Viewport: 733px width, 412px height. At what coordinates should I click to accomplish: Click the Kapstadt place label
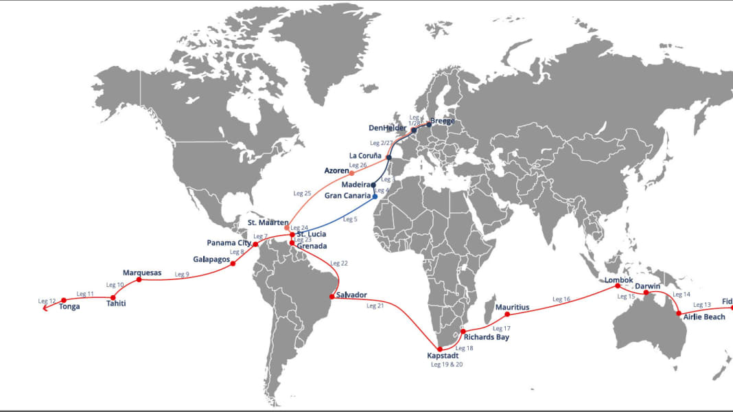[x=443, y=356]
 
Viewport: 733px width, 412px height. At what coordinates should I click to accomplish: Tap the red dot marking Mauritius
[x=507, y=314]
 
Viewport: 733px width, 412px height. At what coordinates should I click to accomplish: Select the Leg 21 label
[x=375, y=306]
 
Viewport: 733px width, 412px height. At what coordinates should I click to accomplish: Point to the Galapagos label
[x=211, y=260]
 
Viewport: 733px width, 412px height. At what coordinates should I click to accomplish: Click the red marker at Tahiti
[x=113, y=297]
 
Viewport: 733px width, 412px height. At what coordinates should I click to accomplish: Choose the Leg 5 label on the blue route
[x=350, y=219]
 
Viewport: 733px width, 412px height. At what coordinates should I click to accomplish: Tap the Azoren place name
[x=336, y=170]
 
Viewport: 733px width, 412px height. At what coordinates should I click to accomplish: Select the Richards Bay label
[x=487, y=337]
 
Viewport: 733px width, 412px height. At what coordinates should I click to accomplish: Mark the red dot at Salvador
[x=332, y=297]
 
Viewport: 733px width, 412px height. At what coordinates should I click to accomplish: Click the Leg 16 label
[x=561, y=299]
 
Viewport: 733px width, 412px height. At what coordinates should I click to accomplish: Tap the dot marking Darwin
[x=645, y=293]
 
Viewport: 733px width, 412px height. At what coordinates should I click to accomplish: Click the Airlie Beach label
[x=704, y=317]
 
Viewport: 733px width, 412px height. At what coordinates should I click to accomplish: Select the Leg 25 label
[x=302, y=194]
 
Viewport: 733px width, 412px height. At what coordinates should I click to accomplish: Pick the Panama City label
[x=229, y=243]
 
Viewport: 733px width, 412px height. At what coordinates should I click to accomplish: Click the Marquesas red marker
[x=139, y=279]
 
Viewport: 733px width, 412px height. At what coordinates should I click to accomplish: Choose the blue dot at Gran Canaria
[x=375, y=196]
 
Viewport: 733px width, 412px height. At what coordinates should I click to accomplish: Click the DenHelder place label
[x=387, y=128]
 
